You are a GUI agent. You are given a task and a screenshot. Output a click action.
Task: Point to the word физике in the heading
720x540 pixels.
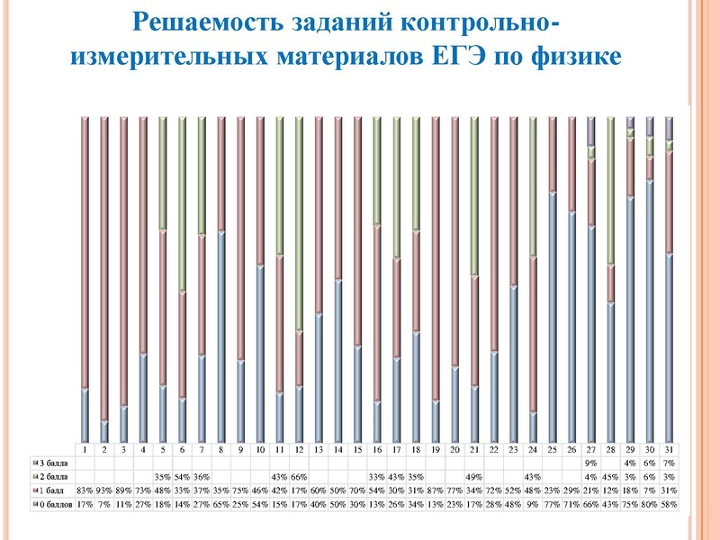click(576, 56)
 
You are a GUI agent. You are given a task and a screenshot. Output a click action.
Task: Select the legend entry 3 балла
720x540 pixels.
click(49, 462)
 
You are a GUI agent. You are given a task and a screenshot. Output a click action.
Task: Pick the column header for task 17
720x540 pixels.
click(396, 448)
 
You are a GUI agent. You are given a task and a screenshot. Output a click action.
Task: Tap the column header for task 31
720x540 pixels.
click(669, 448)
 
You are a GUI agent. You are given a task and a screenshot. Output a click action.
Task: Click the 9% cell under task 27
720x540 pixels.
click(591, 462)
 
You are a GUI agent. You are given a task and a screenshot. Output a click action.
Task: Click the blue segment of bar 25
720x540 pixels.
click(553, 315)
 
